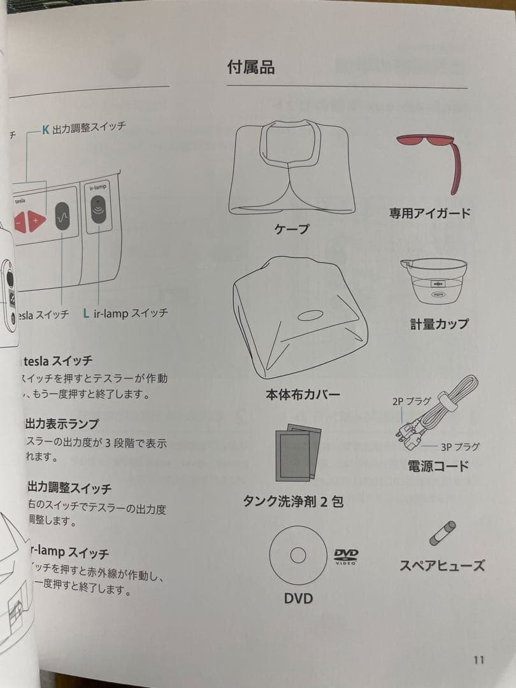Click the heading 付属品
tap(251, 67)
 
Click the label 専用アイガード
tap(429, 213)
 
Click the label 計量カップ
tap(438, 324)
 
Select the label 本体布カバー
tap(303, 395)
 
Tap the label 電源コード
tap(438, 466)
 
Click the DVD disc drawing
tap(298, 555)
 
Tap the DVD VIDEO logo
tap(346, 556)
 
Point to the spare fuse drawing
tap(442, 533)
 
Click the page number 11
tap(478, 659)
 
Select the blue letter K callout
tap(45, 129)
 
